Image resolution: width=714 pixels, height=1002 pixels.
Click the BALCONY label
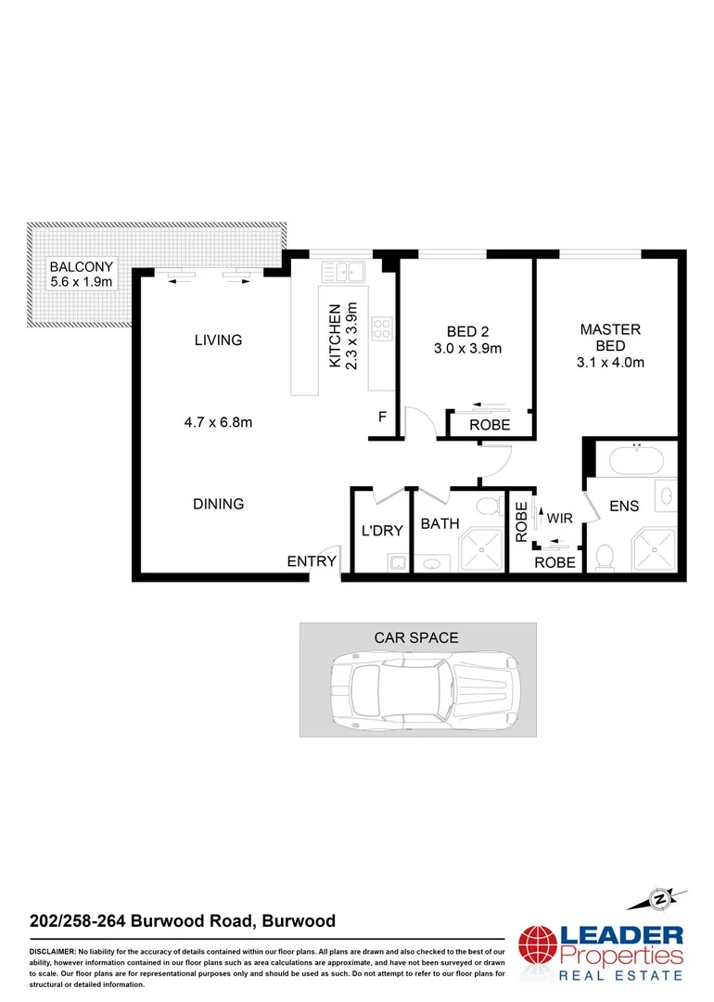pos(81,266)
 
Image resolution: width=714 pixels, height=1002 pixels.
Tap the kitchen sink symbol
pos(343,272)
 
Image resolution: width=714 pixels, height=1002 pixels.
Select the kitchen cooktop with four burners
pos(381,328)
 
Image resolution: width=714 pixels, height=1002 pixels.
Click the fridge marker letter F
pos(382,417)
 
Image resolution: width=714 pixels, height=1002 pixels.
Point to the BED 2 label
pos(467,331)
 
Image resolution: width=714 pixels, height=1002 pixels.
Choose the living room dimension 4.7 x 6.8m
pos(218,423)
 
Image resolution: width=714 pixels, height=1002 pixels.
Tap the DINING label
pos(219,505)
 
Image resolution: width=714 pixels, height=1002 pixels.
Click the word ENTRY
pos(311,561)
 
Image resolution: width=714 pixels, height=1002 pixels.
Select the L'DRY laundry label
pos(382,531)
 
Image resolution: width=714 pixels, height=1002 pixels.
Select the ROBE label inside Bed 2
pos(490,426)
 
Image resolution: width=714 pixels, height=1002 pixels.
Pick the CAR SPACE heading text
pos(416,637)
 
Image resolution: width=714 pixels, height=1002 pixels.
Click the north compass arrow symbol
pos(659,897)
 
